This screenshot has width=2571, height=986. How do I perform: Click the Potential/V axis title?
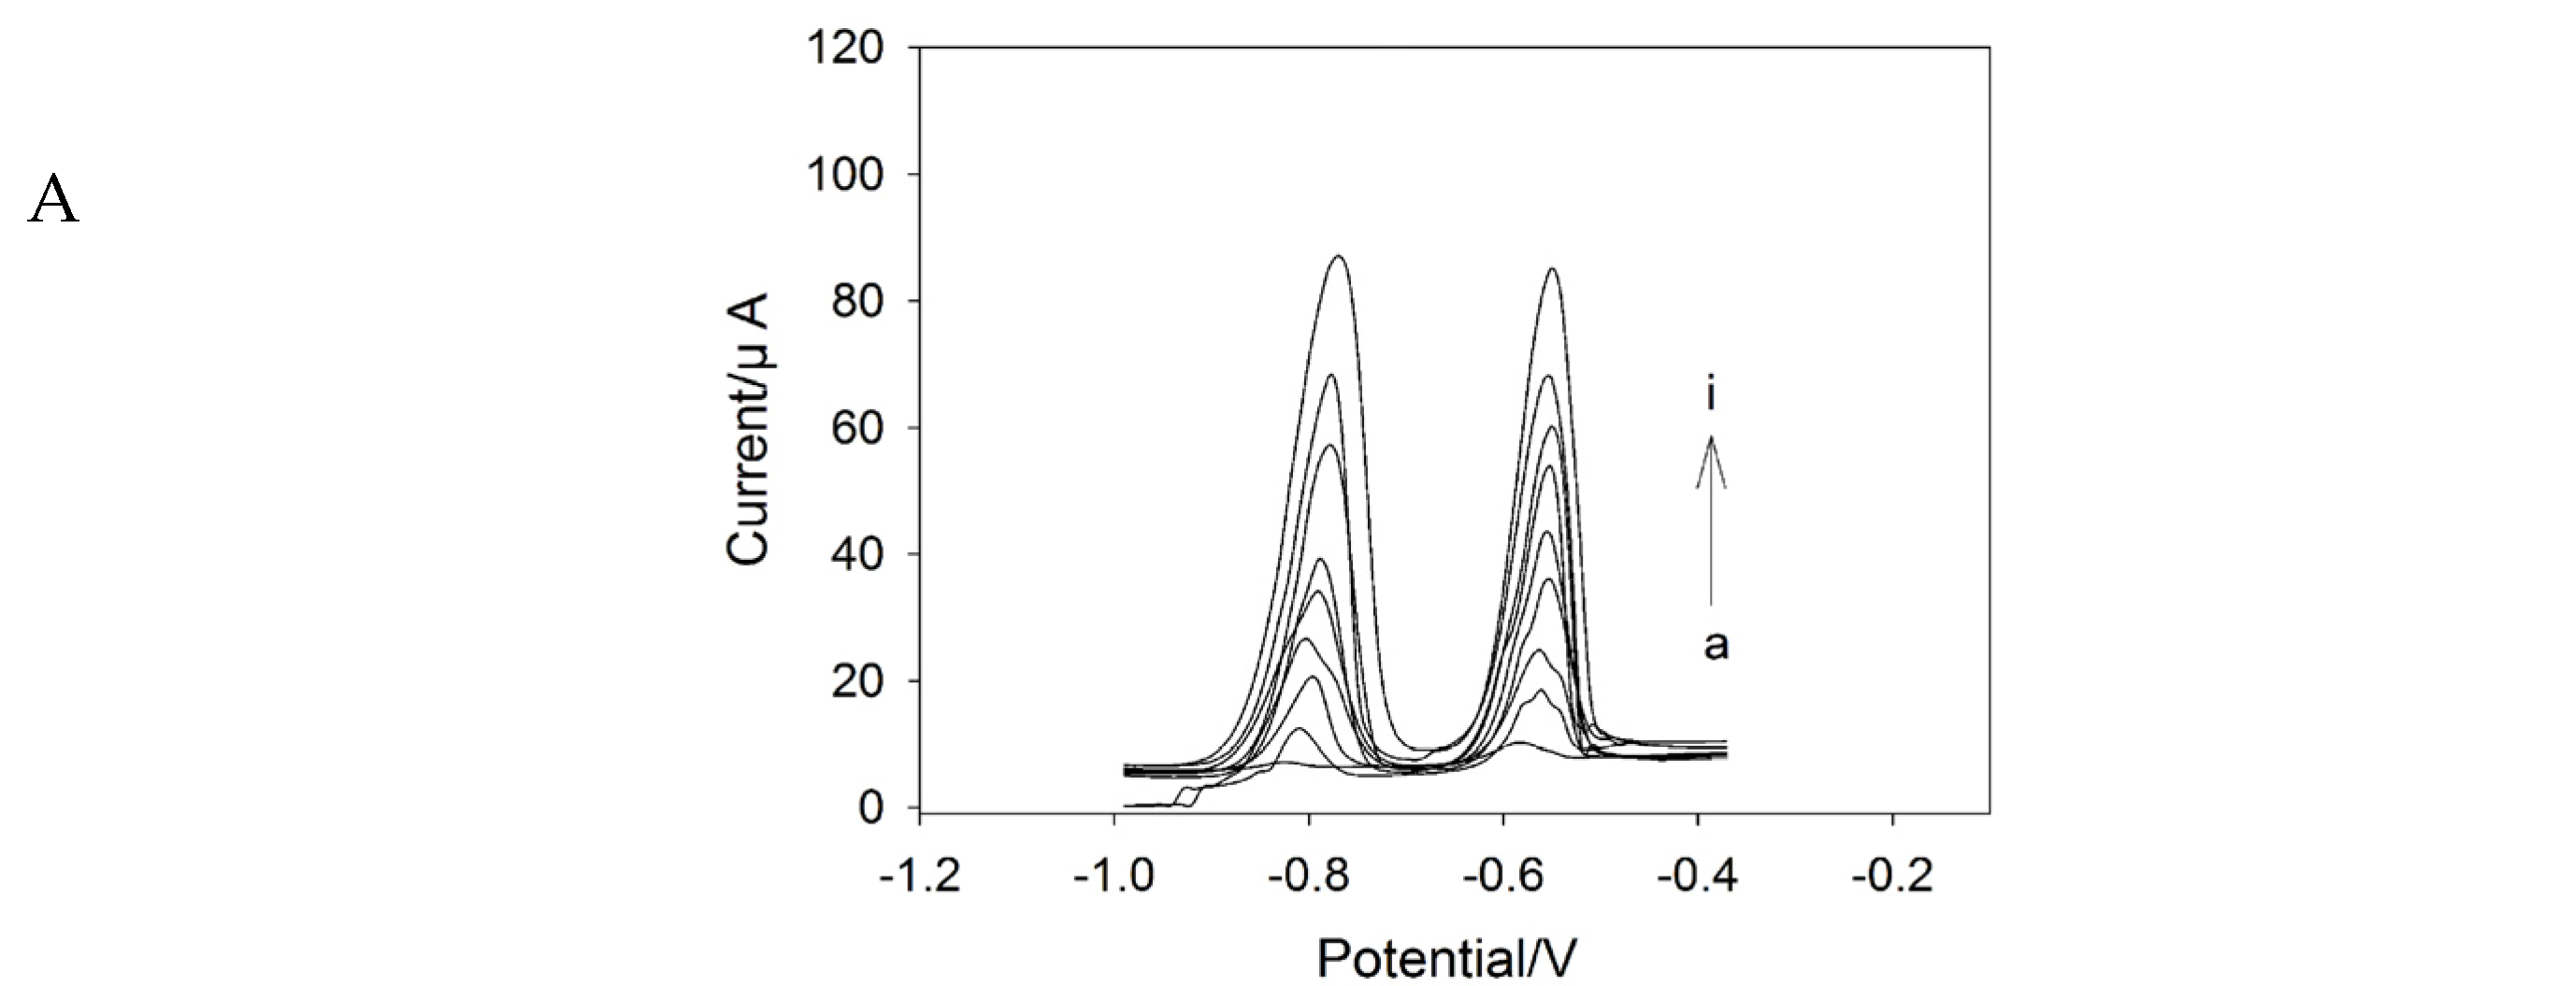coord(1446,958)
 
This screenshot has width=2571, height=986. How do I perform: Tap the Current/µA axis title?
coord(750,429)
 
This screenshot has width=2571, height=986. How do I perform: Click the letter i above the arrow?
coord(1711,395)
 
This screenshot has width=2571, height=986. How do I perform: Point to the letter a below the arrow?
coord(1715,645)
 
